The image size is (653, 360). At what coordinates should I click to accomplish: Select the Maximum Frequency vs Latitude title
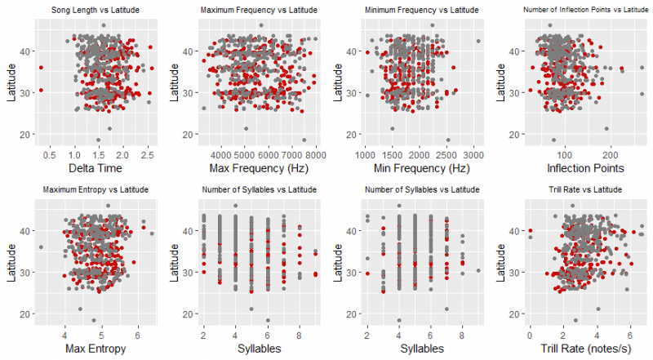tap(259, 9)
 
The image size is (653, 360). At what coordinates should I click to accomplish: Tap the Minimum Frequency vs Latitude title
tap(420, 9)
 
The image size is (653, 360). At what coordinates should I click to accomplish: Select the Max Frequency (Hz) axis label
tap(259, 168)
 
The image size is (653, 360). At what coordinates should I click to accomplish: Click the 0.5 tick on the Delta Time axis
tap(50, 153)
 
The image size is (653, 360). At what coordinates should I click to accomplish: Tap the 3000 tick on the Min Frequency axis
tap(475, 153)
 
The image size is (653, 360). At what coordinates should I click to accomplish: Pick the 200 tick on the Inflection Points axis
tap(608, 153)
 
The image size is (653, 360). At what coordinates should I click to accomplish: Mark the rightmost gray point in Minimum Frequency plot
tap(478, 42)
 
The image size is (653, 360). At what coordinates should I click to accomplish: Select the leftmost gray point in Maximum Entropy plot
tap(41, 247)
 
